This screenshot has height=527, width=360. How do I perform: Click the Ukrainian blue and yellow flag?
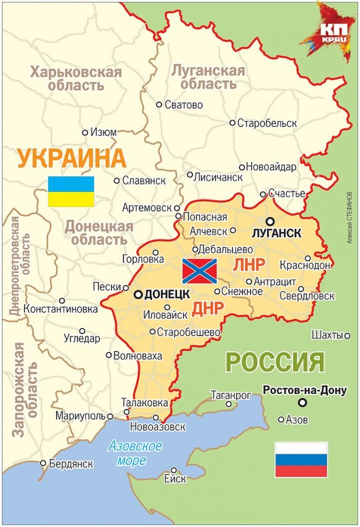coord(71,191)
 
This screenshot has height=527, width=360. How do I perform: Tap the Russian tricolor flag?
coord(301,460)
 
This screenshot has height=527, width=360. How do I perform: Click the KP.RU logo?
coord(331,32)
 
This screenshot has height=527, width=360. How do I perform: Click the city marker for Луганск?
coord(269,221)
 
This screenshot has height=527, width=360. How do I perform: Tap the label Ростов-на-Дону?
coord(304,391)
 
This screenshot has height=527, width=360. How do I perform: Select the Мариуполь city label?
coord(80,416)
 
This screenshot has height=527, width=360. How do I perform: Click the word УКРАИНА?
coord(72,159)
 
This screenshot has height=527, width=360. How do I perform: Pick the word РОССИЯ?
coord(275,362)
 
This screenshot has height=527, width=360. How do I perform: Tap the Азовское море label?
coord(135,452)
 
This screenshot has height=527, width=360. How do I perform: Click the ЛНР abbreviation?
coord(249,265)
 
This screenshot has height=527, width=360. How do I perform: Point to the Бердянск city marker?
coord(43,463)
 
